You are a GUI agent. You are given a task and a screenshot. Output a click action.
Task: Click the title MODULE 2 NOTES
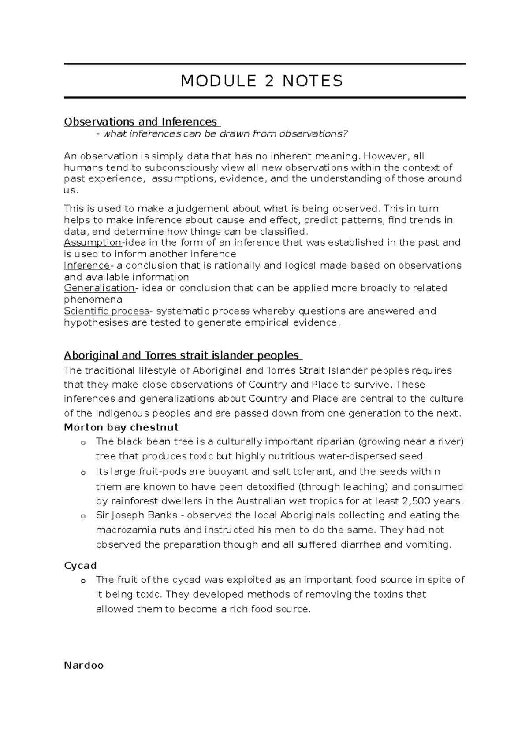[262, 81]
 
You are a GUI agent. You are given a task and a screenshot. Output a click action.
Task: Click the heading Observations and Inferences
[141, 122]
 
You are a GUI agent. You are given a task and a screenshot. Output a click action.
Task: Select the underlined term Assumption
[93, 242]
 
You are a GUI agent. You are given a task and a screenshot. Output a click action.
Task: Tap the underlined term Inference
[87, 265]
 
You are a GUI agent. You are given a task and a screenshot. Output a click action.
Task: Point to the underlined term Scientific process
[107, 311]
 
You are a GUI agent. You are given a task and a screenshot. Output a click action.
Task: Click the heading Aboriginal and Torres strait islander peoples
[182, 355]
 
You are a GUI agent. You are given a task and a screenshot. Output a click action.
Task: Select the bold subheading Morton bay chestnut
[121, 427]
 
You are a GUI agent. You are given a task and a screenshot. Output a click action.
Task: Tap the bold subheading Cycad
[80, 566]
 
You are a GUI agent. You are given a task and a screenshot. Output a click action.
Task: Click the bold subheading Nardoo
[84, 665]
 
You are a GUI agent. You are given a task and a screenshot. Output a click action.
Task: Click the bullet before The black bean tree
[82, 442]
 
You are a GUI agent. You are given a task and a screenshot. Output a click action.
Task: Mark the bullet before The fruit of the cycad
[82, 581]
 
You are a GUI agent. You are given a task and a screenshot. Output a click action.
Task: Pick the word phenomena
[93, 300]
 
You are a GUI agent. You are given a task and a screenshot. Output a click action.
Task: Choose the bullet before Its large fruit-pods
[82, 472]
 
